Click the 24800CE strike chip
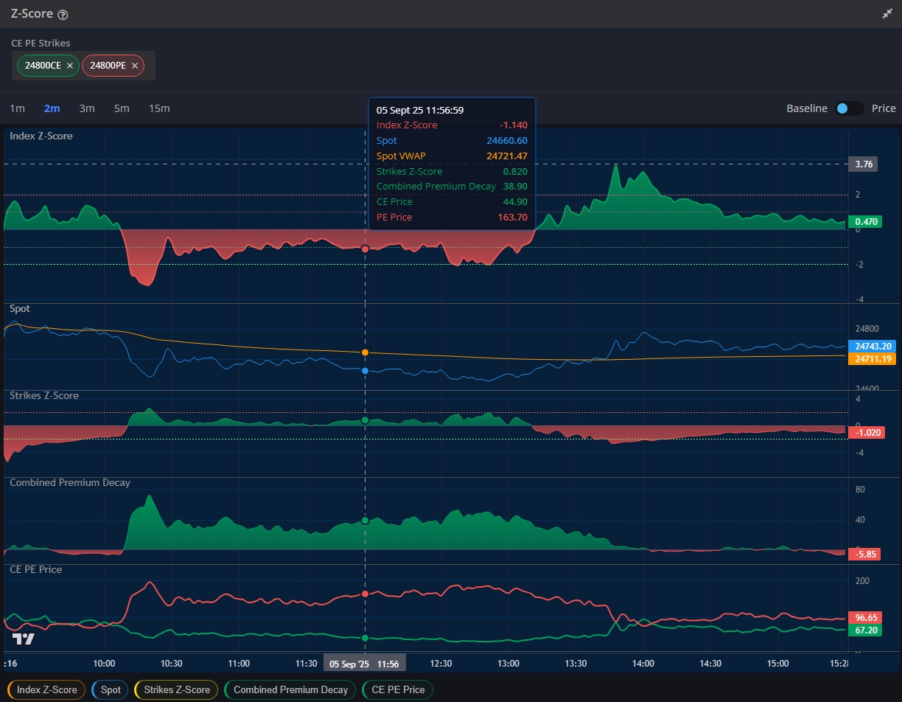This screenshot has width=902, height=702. pos(42,66)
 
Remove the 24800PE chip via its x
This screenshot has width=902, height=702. pos(135,66)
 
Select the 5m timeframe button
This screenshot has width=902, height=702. pos(122,108)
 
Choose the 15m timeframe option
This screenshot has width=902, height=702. pos(159,108)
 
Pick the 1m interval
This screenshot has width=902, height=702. pos(17,108)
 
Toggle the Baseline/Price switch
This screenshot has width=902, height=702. pos(849,108)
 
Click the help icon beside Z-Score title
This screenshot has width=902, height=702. pos(63,15)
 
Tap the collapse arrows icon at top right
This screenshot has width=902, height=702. pos(887,14)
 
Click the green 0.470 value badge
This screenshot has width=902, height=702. pos(865,221)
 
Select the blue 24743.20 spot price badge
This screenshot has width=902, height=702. pos(873,346)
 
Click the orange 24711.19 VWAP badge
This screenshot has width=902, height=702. pos(873,358)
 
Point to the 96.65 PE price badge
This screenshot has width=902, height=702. pos(865,617)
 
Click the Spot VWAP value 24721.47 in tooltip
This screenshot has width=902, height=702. pos(507,156)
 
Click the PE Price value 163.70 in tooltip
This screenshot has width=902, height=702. pos(512,218)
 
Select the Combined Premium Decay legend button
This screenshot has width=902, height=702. pos(290,690)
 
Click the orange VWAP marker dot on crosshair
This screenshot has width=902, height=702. pos(365,353)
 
